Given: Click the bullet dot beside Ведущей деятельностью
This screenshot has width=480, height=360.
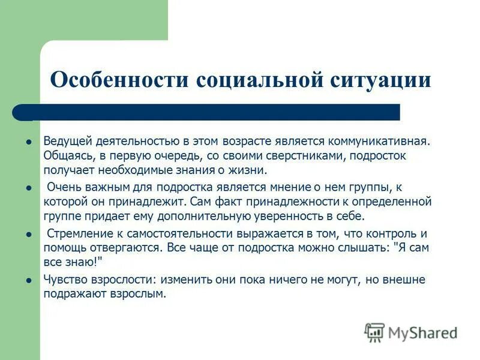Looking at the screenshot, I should (28, 143).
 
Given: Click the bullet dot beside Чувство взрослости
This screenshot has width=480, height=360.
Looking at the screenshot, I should (28, 280).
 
